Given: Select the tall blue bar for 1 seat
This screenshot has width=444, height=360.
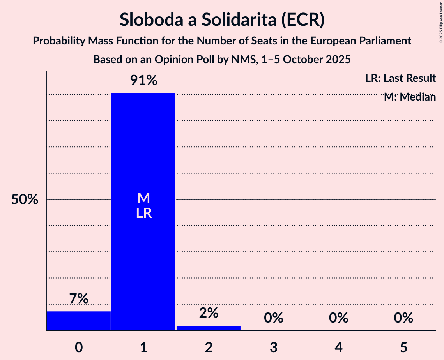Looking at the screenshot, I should pos(143,253).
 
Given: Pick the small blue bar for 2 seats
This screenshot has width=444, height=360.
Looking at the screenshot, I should pos(209,328).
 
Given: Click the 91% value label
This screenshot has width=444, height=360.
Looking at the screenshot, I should pos(143,81).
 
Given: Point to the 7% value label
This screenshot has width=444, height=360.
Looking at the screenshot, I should pos(78,299).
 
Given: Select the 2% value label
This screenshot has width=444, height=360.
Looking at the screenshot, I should pos(209,313).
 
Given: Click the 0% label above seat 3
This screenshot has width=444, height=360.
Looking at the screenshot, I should pos(273,318).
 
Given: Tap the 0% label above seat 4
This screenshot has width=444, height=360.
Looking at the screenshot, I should pos(338,318).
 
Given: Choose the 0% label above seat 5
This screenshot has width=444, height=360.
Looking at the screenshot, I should pos(403,318).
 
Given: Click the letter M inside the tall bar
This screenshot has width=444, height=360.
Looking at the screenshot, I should pos(143,198).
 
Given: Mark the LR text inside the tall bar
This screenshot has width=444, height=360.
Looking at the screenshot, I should pos(143,214).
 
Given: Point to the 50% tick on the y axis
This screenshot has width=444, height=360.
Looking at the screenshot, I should pos(25,200).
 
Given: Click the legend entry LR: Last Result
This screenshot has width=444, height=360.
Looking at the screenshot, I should pos(400,78).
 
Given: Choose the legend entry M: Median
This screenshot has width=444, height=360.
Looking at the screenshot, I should pos(410,97).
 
